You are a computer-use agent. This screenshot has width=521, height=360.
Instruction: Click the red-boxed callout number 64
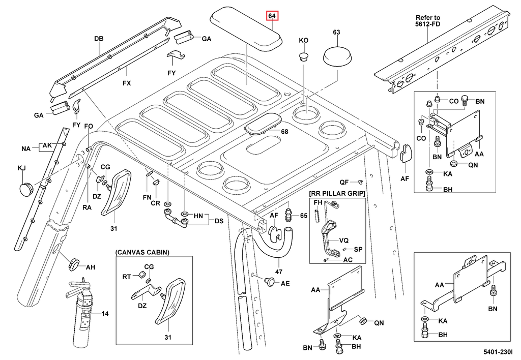click(x=272, y=17)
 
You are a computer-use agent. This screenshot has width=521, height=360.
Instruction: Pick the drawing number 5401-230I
click(x=498, y=351)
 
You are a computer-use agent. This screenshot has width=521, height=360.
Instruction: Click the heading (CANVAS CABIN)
click(x=142, y=252)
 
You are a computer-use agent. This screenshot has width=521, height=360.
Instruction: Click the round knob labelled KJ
click(x=26, y=189)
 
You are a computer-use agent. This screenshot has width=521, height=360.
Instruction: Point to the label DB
click(x=99, y=39)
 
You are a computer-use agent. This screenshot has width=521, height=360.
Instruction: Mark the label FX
click(x=126, y=82)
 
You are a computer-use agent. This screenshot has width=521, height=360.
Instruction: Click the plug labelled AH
click(x=74, y=264)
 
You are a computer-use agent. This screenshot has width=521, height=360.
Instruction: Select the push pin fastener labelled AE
click(x=270, y=281)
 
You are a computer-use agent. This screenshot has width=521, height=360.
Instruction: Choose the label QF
click(x=344, y=182)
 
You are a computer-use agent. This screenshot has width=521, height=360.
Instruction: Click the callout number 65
click(x=303, y=216)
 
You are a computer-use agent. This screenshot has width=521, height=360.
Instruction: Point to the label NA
click(x=26, y=149)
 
